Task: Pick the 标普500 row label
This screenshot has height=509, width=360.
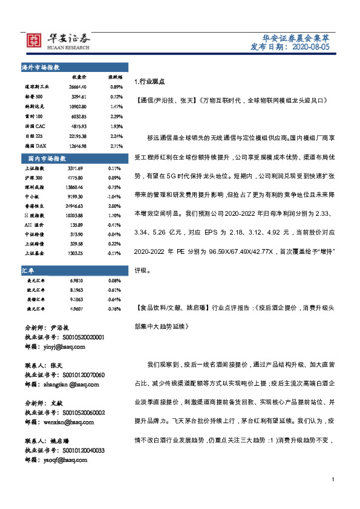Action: [33, 96]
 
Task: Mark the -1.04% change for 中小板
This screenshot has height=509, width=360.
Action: [114, 197]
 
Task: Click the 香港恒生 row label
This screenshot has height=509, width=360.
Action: [34, 207]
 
